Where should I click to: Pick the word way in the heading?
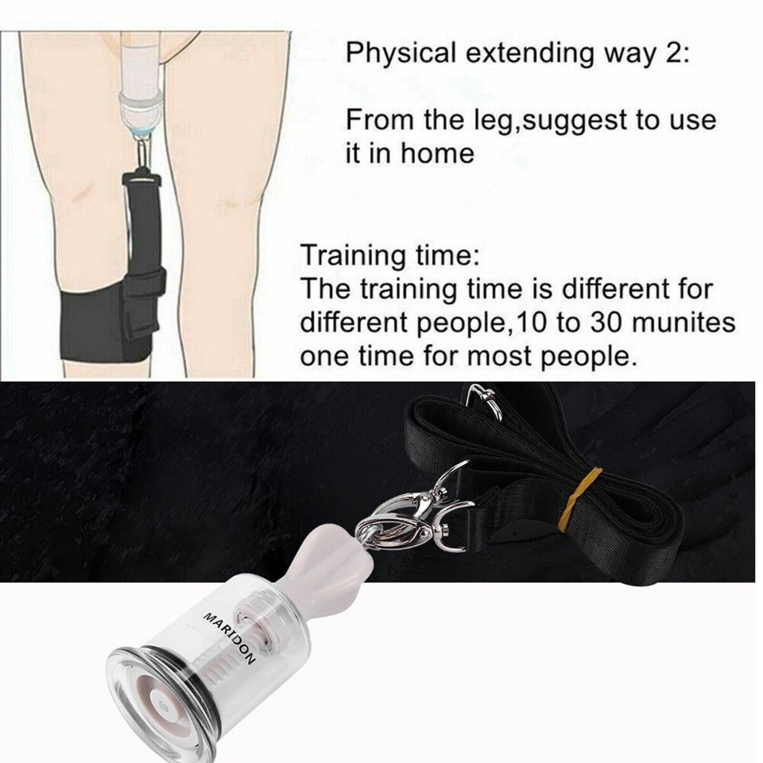[637, 56]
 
